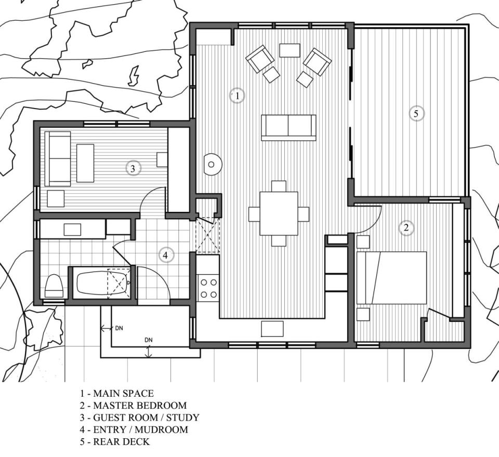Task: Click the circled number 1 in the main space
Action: [x=237, y=96]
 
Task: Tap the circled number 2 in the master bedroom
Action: [x=406, y=227]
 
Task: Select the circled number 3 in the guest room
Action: [x=133, y=168]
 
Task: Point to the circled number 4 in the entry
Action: [x=165, y=255]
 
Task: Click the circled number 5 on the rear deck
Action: [x=416, y=113]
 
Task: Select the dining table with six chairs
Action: [x=279, y=213]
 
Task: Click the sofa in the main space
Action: [x=288, y=127]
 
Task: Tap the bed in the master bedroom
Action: [x=391, y=278]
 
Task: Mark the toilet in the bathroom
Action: [x=54, y=285]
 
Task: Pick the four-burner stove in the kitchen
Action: [x=209, y=288]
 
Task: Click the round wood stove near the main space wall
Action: [x=212, y=165]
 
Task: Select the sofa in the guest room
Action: [x=58, y=158]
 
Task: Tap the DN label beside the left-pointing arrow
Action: [x=119, y=328]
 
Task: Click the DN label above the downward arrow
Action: [x=149, y=340]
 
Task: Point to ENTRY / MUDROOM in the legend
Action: [x=134, y=430]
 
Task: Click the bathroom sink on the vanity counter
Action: [x=72, y=229]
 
